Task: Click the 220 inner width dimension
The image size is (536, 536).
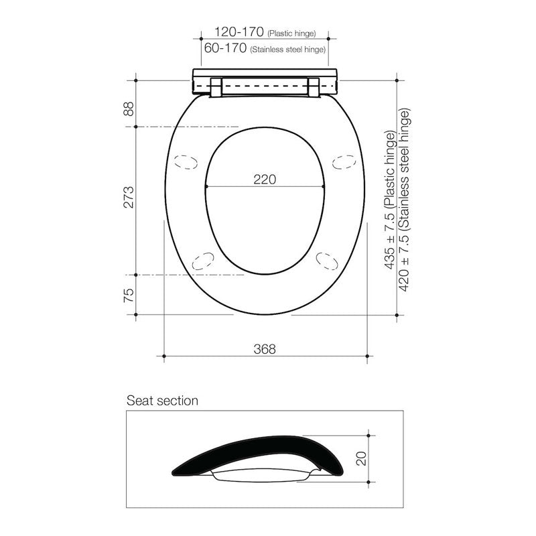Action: coord(265,179)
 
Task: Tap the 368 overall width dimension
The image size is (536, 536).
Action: coord(265,349)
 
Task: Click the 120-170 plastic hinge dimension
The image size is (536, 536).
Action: coord(239,31)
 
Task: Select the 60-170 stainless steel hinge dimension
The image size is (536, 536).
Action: coord(226,49)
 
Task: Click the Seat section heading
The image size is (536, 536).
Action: coord(162,401)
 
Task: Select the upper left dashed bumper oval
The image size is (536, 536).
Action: coord(186,162)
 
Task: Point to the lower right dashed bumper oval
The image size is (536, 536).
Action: coord(328,260)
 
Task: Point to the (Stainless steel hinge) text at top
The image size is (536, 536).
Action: coord(287,50)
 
